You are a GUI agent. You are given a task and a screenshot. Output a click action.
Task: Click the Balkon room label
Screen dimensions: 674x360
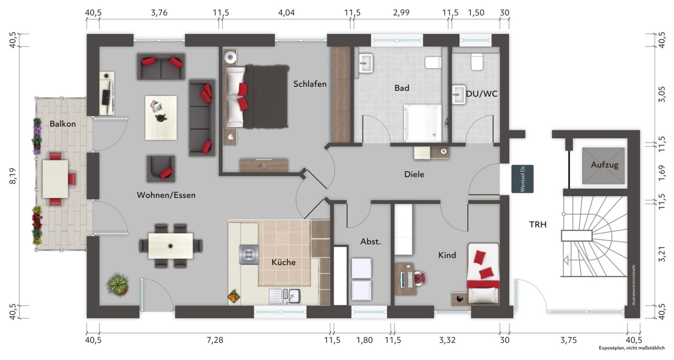62,124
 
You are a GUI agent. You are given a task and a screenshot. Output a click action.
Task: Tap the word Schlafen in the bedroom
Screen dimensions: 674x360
310,84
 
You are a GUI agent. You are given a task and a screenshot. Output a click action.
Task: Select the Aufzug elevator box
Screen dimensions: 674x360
603,166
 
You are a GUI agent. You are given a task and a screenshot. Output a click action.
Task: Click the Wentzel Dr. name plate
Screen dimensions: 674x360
522,179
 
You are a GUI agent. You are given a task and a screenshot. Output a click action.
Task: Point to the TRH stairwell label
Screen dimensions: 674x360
538,224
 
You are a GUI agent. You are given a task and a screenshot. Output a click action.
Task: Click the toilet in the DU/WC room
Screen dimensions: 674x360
477,62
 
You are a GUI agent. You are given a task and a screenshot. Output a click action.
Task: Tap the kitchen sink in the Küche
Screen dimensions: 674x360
285,296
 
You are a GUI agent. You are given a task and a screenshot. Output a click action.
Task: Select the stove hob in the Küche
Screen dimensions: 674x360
249,255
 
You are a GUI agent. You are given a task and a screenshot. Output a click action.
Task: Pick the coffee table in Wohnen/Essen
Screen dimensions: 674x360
161,118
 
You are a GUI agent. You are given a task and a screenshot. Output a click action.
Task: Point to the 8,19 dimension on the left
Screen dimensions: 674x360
13,176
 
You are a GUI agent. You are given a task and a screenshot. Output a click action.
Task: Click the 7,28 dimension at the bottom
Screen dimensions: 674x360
214,340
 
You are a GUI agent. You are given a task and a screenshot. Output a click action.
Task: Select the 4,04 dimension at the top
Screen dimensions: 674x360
286,13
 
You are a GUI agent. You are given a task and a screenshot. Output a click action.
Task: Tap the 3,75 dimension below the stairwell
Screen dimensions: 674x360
568,340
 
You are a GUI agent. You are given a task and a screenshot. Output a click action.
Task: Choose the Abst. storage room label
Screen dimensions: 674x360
371,242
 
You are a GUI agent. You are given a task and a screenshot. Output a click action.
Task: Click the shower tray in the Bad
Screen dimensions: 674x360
423,123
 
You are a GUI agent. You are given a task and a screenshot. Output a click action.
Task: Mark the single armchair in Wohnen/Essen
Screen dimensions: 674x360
161,169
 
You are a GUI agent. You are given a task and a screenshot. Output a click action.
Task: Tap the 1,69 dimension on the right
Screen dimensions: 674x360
662,173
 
